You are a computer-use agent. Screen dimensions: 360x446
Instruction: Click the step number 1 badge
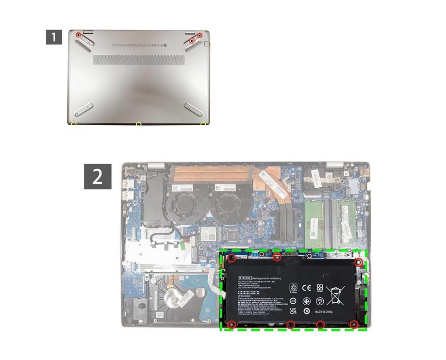tap(54, 37)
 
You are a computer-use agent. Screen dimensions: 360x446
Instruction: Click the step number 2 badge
tap(98, 176)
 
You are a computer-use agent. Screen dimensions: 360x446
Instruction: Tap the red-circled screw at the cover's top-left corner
tap(79, 35)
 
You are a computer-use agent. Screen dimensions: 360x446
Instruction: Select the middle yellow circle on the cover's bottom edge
tap(138, 125)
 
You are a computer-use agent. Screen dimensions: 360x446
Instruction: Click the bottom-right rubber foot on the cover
tap(194, 109)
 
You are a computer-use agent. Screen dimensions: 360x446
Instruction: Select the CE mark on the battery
tap(307, 288)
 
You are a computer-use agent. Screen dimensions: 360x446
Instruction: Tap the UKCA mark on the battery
tap(294, 311)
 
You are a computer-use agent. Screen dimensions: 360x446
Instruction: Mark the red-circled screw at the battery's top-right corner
tap(359, 262)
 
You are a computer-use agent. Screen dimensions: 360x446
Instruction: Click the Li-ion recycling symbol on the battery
tap(294, 289)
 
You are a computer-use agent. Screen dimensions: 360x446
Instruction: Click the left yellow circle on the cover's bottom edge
tap(73, 124)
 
